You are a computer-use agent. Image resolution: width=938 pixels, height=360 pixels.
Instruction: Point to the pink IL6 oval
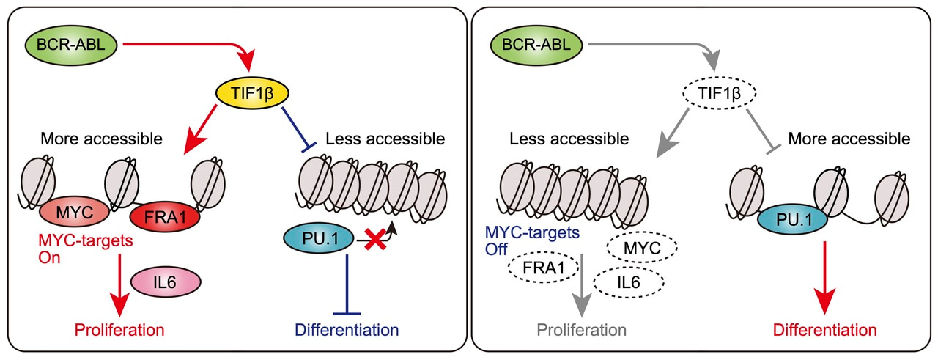coord(164,279)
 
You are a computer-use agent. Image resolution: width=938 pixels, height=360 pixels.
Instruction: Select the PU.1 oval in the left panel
coord(318,238)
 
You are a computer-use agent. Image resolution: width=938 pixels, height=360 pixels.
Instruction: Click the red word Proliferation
coord(119,329)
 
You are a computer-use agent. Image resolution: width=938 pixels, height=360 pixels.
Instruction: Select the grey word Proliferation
coord(582,329)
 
